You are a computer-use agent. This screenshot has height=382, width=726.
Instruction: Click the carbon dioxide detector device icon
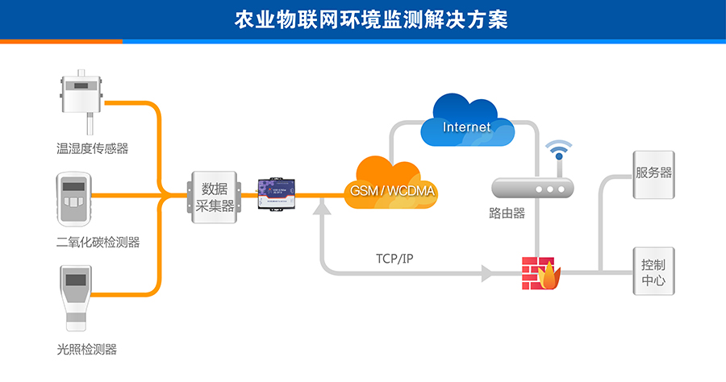point(75,198)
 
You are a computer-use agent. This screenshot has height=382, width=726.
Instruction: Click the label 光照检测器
point(86,349)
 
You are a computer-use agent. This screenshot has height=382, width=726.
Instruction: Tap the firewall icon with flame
point(540,273)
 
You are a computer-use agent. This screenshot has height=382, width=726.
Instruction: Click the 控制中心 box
point(653,272)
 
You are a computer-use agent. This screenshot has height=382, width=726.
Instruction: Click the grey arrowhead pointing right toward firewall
point(486,273)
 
